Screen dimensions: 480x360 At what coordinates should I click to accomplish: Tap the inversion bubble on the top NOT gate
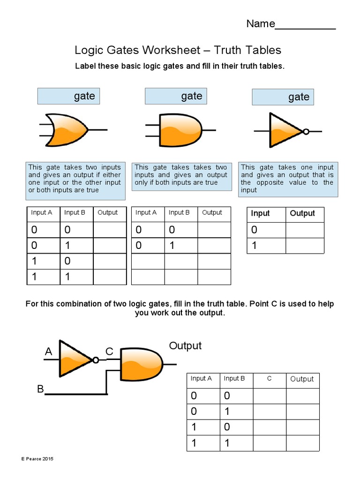pyautogui.click(x=306, y=132)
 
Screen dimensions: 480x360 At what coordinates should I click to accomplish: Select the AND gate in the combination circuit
pyautogui.click(x=142, y=364)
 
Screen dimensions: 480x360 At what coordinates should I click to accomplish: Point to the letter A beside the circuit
pyautogui.click(x=48, y=352)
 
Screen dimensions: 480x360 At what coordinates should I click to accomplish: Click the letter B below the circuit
pyautogui.click(x=40, y=389)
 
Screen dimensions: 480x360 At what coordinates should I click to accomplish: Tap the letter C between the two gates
pyautogui.click(x=109, y=352)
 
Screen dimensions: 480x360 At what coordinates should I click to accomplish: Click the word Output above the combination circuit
pyautogui.click(x=185, y=346)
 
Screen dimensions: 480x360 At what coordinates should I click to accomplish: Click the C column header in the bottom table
pyautogui.click(x=270, y=379)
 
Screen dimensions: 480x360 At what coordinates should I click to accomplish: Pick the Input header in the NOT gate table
pyautogui.click(x=261, y=214)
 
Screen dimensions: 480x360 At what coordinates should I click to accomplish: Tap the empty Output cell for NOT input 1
pyautogui.click(x=305, y=246)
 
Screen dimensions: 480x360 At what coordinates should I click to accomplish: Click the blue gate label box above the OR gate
pyautogui.click(x=69, y=96)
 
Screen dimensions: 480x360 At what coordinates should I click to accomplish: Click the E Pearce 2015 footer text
pyautogui.click(x=37, y=458)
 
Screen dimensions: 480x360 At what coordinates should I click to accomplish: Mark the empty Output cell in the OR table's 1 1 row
pyautogui.click(x=110, y=277)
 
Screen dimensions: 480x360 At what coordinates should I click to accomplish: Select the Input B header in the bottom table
pyautogui.click(x=234, y=379)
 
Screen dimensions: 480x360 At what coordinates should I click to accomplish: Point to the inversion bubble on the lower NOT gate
pyautogui.click(x=96, y=360)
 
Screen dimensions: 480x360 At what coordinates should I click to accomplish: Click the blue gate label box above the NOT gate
pyautogui.click(x=283, y=97)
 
